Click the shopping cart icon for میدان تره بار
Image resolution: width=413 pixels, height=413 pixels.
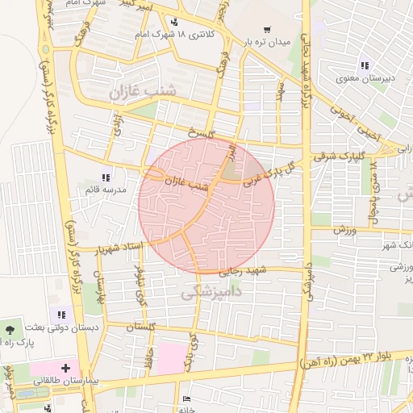(266, 29)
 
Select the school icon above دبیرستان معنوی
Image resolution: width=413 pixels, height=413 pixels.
(365, 65)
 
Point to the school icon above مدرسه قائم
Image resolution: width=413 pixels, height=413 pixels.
(104, 177)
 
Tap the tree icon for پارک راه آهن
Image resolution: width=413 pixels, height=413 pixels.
(9, 329)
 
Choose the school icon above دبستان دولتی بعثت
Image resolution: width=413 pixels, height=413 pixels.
(60, 314)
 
